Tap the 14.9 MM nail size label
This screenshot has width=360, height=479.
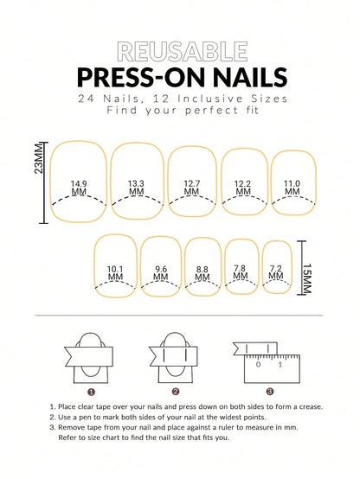coord(79,188)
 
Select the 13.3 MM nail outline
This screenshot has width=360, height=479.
coord(137,182)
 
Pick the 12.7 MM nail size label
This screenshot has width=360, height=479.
coord(191,188)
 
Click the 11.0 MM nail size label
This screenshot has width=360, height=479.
coord(292,188)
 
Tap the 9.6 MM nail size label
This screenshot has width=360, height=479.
coord(160,272)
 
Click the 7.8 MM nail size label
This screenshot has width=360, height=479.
coord(240,272)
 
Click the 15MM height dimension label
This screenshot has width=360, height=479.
coord(307,281)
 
